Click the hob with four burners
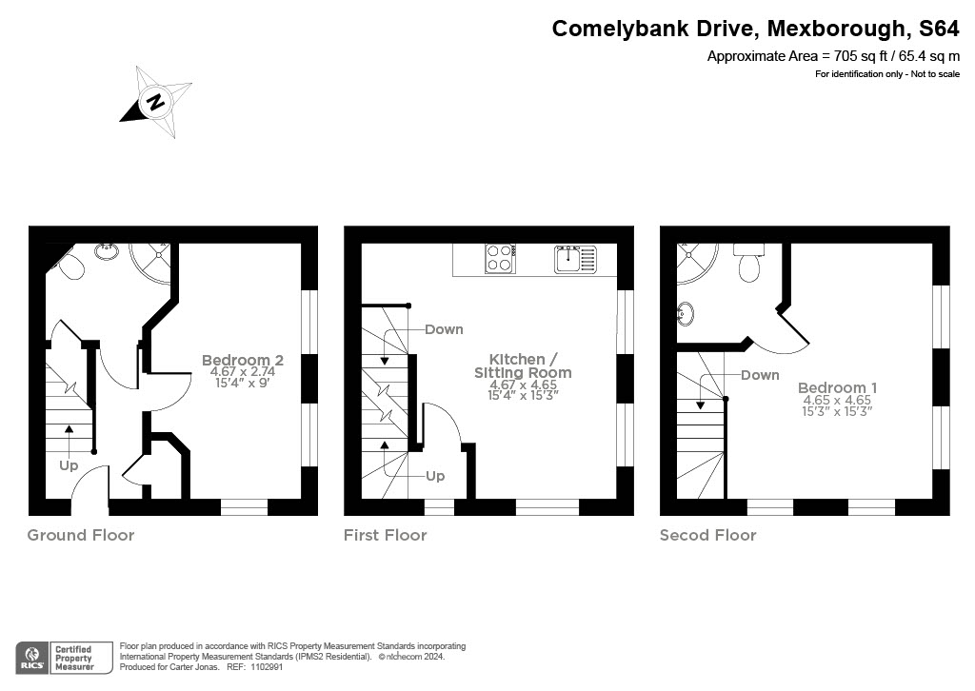500,258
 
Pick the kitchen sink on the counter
574,258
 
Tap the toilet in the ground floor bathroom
70,267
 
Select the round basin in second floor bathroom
686,312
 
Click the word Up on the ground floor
69,465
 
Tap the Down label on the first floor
444,329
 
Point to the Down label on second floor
760,375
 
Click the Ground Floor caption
81,535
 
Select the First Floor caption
385,535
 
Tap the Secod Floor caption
707,535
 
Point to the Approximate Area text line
832,56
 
